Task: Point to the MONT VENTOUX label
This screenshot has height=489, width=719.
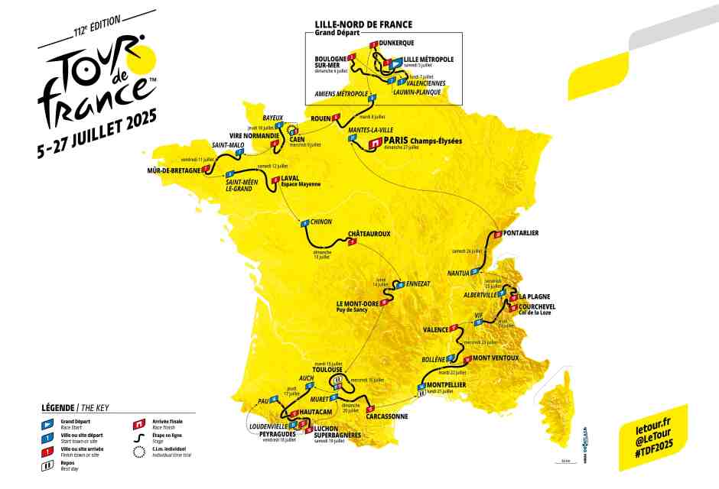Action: [495, 358]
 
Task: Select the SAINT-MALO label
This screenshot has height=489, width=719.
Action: [228, 144]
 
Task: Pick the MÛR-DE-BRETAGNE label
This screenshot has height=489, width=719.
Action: [174, 170]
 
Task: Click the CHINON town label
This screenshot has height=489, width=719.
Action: [321, 222]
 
